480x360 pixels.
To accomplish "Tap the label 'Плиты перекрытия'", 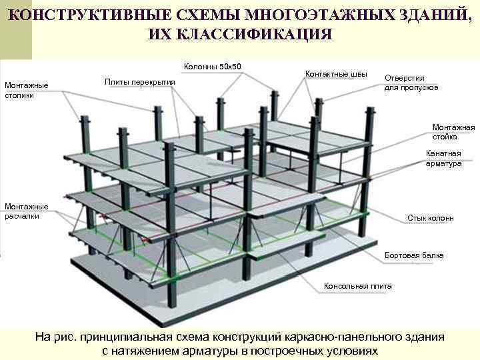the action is [140, 82].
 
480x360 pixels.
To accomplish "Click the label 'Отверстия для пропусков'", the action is [411, 83].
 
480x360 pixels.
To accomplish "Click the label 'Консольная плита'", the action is [358, 286].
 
